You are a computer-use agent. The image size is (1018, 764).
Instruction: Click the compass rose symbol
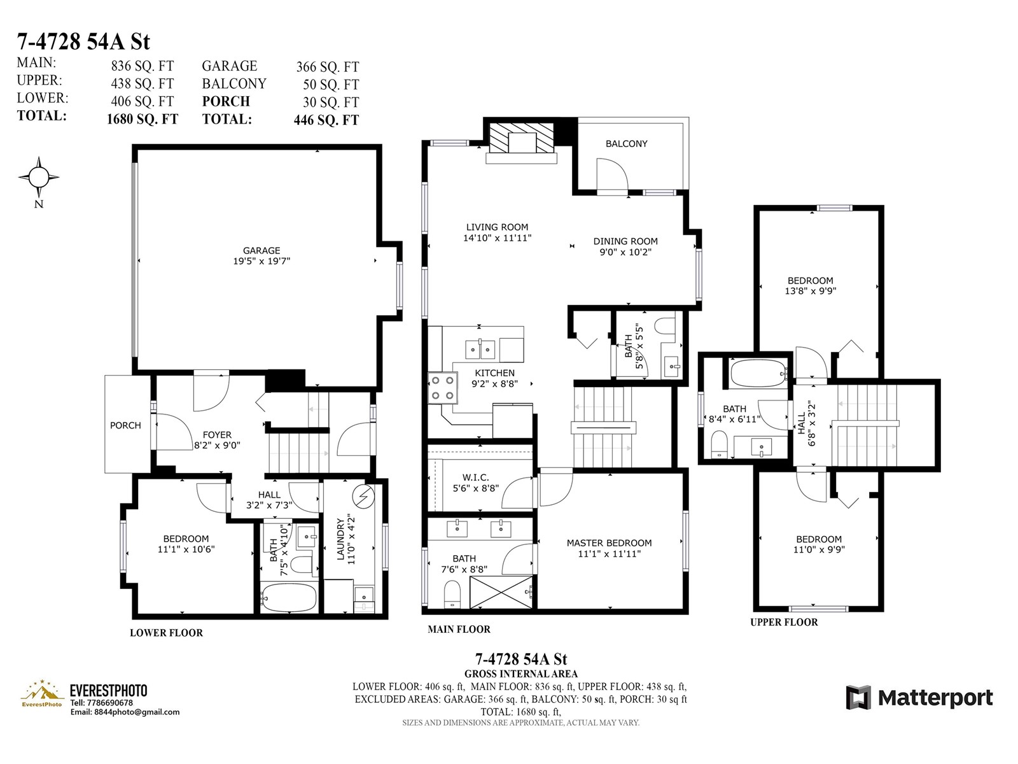point(39,177)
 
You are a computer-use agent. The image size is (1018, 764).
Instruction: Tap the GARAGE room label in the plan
point(261,250)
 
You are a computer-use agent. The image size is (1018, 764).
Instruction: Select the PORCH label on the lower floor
point(125,425)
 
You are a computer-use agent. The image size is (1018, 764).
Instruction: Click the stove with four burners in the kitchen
point(443,388)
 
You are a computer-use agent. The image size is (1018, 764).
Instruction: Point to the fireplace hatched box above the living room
point(522,138)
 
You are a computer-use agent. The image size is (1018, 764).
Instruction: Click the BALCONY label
point(627,144)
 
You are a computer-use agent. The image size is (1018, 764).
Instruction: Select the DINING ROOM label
point(625,241)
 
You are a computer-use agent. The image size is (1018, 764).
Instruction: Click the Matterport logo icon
point(858,698)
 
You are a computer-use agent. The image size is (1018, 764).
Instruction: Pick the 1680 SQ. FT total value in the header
point(143,119)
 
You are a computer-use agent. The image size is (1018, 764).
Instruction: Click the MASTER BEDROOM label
point(609,542)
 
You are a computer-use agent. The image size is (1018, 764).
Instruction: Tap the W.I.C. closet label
point(475,478)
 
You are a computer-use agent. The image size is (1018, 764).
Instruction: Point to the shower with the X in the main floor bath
point(501,592)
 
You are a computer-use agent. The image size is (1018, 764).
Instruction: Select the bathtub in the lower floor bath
point(288,597)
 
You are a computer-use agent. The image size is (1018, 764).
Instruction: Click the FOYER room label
point(217,435)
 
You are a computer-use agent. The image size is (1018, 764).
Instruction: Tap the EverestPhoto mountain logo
point(42,693)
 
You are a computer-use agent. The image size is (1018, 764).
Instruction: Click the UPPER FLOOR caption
point(784,623)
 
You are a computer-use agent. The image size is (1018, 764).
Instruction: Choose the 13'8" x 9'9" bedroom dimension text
point(810,292)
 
